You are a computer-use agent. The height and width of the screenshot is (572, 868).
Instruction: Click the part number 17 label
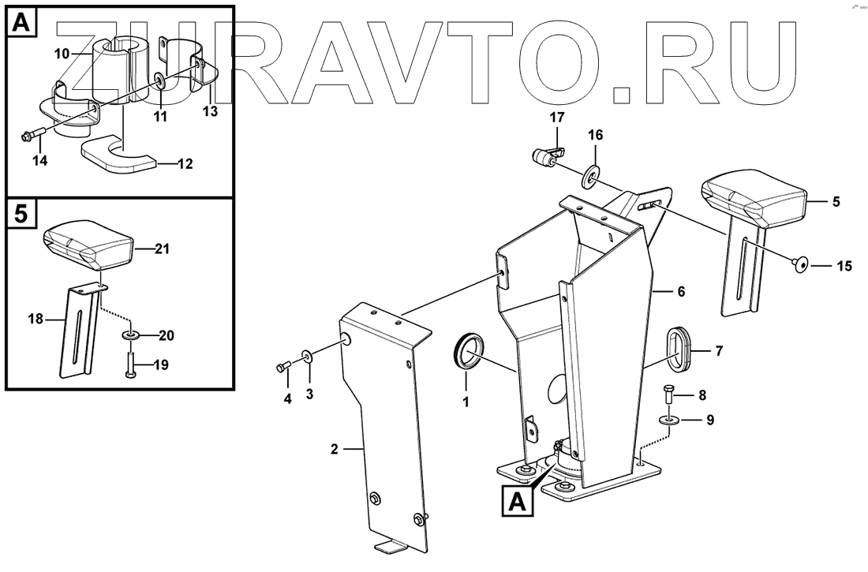(558, 118)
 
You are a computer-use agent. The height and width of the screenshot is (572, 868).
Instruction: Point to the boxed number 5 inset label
(23, 214)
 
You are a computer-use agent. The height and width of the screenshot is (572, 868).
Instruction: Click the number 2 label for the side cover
(335, 450)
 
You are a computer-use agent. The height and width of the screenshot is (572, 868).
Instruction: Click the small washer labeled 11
(160, 81)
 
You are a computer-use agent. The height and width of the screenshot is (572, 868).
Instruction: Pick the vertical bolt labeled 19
(129, 365)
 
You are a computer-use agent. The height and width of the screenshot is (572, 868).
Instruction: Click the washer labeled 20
(130, 337)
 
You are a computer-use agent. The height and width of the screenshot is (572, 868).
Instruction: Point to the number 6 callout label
(680, 292)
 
